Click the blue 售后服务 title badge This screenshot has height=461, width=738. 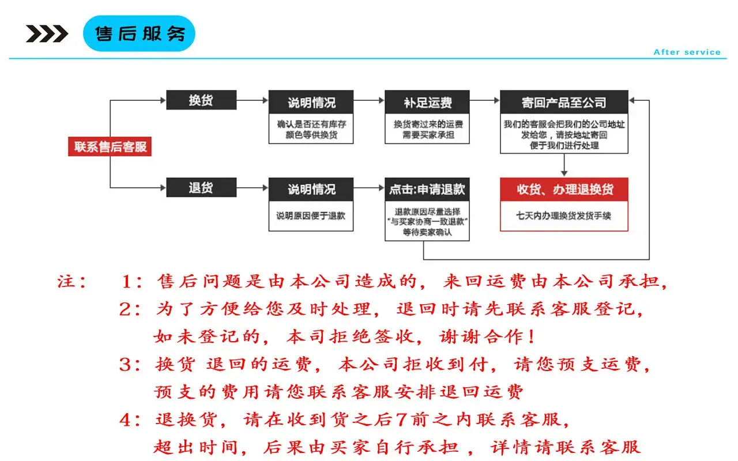point(139,33)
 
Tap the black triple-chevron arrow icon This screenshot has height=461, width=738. point(47,33)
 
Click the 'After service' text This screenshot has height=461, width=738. point(687,52)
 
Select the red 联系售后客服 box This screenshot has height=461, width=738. point(110,146)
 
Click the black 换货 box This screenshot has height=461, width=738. point(201,100)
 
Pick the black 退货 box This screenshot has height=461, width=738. point(201,187)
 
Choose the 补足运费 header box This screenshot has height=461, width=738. point(427,102)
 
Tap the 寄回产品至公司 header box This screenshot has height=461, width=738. point(564,102)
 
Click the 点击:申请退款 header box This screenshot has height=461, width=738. point(427,190)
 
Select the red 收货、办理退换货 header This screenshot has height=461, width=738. point(564,190)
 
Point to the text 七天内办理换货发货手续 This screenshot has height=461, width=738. point(563,216)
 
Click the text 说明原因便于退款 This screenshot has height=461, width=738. point(311,216)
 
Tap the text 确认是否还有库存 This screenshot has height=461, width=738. point(311,124)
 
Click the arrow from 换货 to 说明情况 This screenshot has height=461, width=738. point(253,100)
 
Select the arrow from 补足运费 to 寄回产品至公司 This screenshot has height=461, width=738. point(485,100)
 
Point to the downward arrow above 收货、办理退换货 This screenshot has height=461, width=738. point(564,165)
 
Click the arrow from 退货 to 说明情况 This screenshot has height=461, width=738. point(253,188)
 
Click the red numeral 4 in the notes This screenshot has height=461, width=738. point(126,420)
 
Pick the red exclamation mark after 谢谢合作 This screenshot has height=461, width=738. point(531,337)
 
